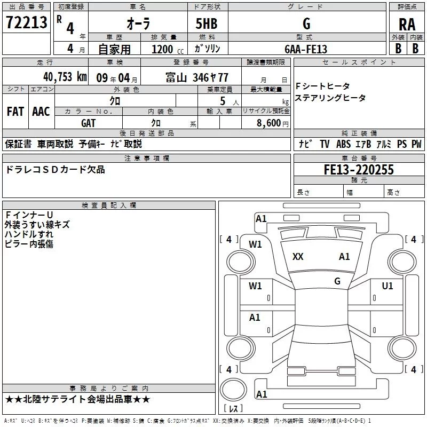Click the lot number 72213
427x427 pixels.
(x=26, y=22)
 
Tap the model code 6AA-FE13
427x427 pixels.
(x=306, y=49)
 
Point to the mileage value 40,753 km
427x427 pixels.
(x=65, y=76)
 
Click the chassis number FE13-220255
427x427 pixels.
(x=359, y=170)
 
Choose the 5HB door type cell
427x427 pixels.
(x=208, y=23)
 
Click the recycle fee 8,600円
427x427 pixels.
(x=272, y=123)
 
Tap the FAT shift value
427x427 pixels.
(x=15, y=112)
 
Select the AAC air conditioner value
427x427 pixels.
(x=41, y=112)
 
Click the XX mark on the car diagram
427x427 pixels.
(x=298, y=257)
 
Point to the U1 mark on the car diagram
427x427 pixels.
(x=388, y=286)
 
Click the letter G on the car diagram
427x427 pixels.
(x=337, y=281)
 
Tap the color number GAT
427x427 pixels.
(x=89, y=123)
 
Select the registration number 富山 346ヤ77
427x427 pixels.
(x=197, y=77)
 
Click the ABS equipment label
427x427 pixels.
(x=344, y=144)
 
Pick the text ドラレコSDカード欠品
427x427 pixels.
(x=55, y=170)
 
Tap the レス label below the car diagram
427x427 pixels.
(x=233, y=409)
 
